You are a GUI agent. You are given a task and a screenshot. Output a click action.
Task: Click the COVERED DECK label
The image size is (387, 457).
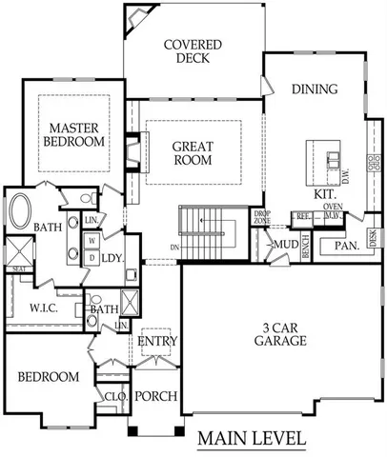coord(193,52)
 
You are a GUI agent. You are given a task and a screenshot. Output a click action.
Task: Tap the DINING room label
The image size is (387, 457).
coord(315,90)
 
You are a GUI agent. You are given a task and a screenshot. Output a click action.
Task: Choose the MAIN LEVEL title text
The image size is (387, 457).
coord(252,439)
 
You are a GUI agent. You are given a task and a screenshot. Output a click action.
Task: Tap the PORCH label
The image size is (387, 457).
coord(154,396)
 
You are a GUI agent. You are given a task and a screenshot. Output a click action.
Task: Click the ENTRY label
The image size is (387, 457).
coord(156,342)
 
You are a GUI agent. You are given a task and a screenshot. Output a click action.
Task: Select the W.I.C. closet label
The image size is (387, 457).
coord(46,308)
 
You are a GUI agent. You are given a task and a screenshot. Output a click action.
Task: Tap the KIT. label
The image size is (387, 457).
coord(326,193)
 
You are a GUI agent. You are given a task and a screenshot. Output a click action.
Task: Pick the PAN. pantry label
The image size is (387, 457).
coord(344,247)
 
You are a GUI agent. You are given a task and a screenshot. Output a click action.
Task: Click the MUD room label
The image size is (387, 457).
coord(285,246)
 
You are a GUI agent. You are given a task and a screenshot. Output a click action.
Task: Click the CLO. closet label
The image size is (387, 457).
coord(115,396)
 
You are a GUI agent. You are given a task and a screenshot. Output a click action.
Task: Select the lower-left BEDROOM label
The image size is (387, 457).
coord(48,378)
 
